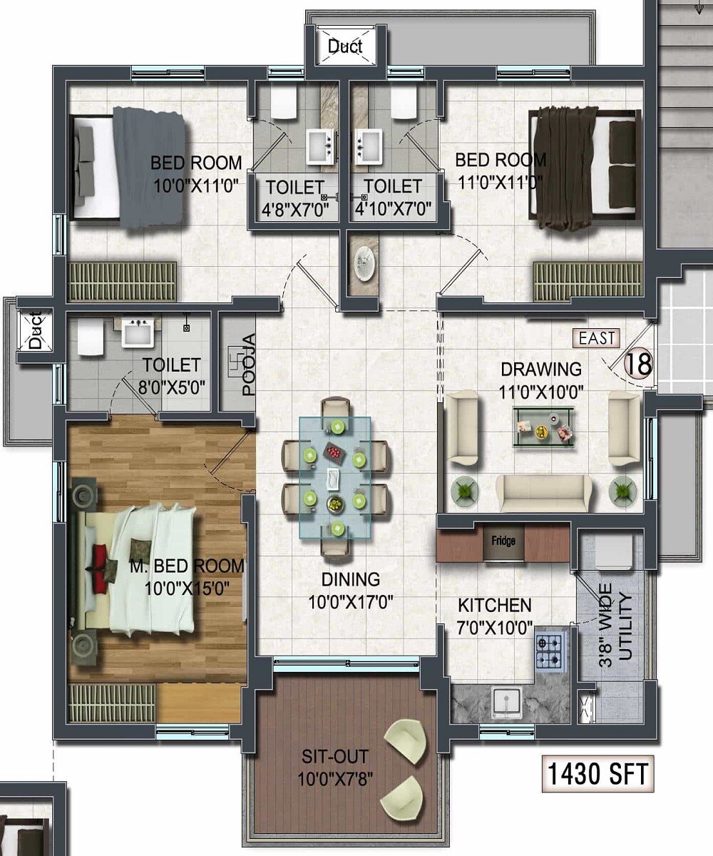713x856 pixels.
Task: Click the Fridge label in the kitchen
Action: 503,541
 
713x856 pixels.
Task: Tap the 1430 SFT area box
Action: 598,773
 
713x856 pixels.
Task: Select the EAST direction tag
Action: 597,338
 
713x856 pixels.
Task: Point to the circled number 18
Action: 638,364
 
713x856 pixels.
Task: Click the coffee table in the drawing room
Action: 544,427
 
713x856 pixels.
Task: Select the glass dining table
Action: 335,477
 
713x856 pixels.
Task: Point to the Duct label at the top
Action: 345,47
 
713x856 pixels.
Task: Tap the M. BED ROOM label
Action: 187,566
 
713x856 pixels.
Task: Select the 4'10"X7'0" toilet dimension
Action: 394,210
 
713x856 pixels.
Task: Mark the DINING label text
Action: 350,579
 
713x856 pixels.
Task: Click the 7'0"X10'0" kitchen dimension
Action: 496,628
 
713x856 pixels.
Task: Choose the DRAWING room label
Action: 541,370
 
